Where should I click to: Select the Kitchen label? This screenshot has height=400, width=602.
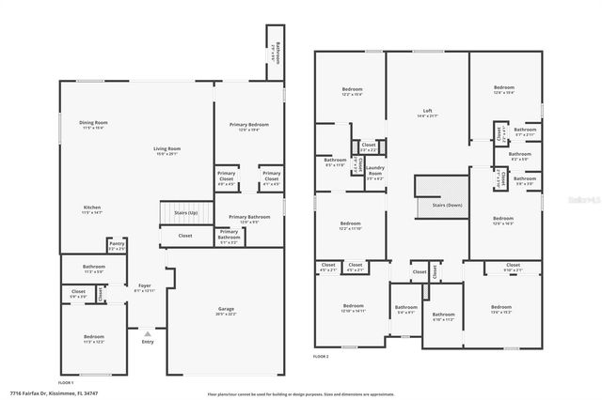[x=92, y=208]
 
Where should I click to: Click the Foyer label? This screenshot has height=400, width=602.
[x=144, y=285]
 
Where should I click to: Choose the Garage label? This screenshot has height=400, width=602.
[x=226, y=309]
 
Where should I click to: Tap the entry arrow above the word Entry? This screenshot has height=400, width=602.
[x=147, y=332]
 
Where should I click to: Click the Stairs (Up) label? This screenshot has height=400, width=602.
[x=185, y=212]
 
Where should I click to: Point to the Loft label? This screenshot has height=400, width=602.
[x=427, y=111]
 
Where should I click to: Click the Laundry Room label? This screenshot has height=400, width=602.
[x=374, y=172]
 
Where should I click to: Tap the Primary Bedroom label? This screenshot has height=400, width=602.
[x=249, y=124]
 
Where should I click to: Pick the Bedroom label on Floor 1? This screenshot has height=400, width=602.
[x=93, y=336]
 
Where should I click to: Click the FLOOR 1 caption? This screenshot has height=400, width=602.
[x=66, y=383]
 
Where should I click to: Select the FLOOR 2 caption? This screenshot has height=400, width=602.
[x=321, y=356]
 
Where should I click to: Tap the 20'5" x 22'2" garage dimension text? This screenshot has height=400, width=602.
[x=226, y=315]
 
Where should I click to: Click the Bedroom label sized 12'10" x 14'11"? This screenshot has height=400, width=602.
[x=353, y=306]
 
